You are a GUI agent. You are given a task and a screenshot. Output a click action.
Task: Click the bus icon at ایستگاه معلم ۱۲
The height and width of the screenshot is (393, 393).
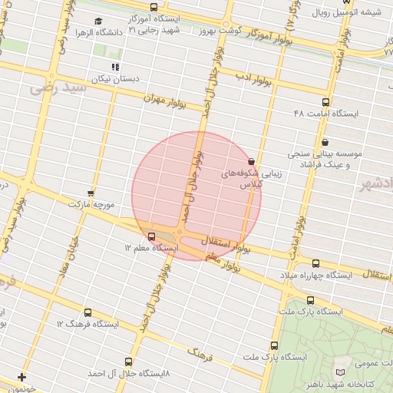coord(151,236)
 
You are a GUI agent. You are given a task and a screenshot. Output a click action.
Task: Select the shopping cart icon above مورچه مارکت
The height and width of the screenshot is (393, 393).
coord(91,193)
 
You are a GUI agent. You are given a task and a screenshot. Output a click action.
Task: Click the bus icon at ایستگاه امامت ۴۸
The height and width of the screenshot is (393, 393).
coord(325,102)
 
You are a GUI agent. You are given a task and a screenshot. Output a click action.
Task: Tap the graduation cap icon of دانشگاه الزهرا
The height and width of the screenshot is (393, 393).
coord(97,21)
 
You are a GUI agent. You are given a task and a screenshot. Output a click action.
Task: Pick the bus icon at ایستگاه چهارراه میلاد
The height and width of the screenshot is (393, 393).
coord(315,263)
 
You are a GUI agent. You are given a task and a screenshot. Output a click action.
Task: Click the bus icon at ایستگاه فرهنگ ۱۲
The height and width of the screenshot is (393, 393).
coord(87,313)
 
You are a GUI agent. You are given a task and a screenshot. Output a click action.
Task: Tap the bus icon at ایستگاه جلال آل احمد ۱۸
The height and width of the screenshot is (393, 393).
coord(128,362)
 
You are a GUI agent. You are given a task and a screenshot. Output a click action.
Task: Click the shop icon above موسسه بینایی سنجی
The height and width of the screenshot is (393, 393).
coord(325,141)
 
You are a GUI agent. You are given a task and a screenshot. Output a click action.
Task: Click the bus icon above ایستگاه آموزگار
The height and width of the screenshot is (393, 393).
coord(154,7)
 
